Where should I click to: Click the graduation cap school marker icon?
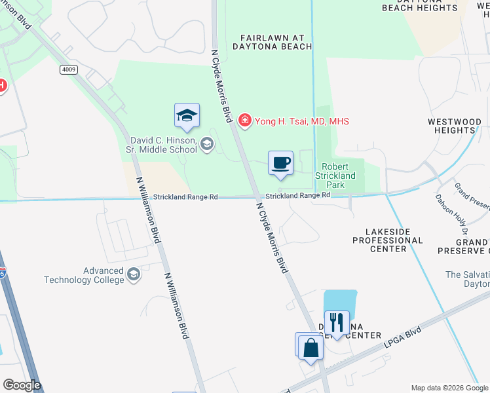[187, 116]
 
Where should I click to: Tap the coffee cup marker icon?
[280, 163]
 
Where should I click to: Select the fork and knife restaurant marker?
[337, 323]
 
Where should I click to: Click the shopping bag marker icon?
[311, 347]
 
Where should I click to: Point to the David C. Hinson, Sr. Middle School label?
[164, 145]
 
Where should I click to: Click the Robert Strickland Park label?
[337, 176]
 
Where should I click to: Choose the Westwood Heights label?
[454, 126]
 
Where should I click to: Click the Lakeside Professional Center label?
[388, 240]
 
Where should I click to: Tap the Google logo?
[22, 385]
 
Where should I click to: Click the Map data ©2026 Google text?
[449, 388]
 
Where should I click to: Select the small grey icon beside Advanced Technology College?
[134, 274]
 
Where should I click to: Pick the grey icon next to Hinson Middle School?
[207, 144]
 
